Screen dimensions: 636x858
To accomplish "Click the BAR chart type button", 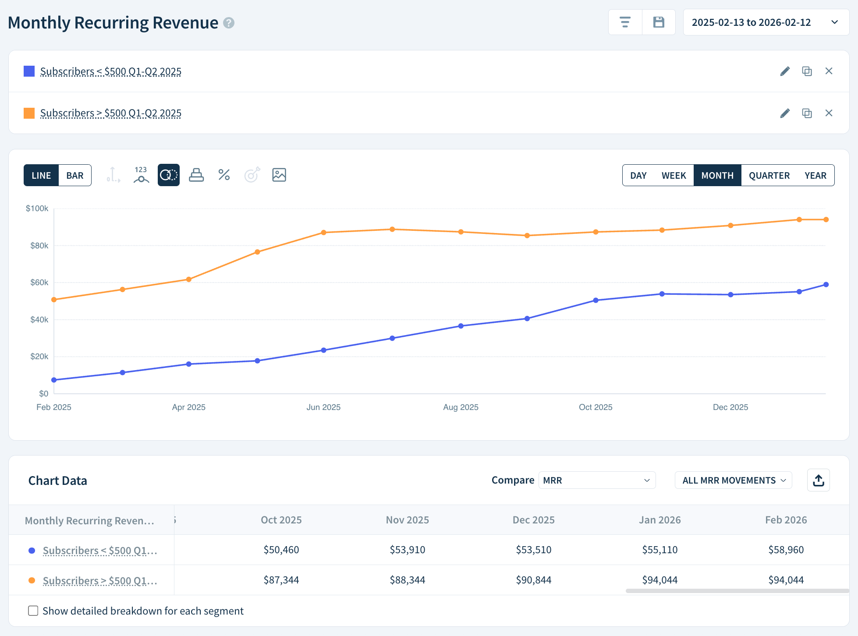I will coord(75,175).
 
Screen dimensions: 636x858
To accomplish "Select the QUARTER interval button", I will coord(769,175).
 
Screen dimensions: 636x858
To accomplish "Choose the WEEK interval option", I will coord(674,175).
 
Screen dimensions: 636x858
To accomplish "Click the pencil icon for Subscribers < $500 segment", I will coord(785,71).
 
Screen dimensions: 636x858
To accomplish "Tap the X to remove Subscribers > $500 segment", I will coord(829,113).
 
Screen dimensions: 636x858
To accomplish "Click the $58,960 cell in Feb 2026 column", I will coord(786,550).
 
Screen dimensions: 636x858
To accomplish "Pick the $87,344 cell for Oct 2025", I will coord(281,580).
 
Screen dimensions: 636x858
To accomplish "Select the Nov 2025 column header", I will coord(407,520).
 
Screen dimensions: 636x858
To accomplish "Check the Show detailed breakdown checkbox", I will coord(33,611).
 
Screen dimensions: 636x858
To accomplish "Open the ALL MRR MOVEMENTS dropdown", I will coord(733,481).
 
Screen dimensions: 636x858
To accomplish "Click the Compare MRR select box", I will coord(596,481).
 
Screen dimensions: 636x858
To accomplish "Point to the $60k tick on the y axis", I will coord(39,283).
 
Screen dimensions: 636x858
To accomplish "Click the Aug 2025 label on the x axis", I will coord(461,407).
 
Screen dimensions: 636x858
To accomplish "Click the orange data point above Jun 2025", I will coord(323,233).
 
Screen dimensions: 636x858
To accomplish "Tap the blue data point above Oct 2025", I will coord(596,300).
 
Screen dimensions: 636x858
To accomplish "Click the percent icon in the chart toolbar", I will coord(224,175).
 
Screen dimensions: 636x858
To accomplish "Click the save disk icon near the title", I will coord(659,22).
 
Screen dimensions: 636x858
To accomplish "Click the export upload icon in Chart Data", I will coord(818,481).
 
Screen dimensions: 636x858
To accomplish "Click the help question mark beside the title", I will coord(229,23).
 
